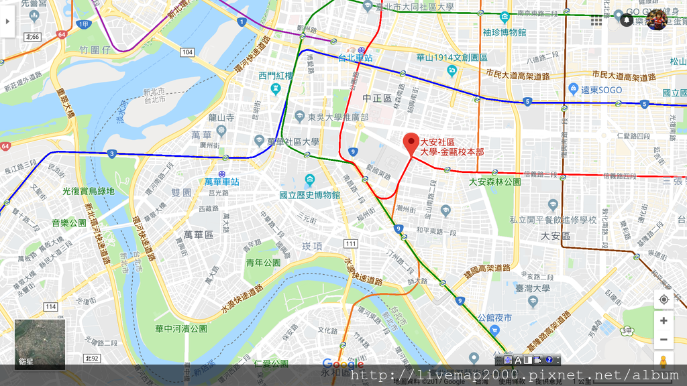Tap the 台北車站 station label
pyautogui.click(x=356, y=58)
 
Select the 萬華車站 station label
pyautogui.click(x=222, y=182)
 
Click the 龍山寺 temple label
pyautogui.click(x=221, y=117)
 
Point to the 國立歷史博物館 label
pyautogui.click(x=310, y=195)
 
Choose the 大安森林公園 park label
pyautogui.click(x=495, y=182)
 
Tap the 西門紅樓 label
pyautogui.click(x=276, y=75)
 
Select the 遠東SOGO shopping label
pyautogui.click(x=601, y=90)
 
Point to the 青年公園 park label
pyautogui.click(x=262, y=262)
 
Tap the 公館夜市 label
pyautogui.click(x=494, y=317)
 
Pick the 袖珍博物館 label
pyautogui.click(x=504, y=32)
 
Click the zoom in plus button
pyautogui.click(x=664, y=320)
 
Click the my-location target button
pyautogui.click(x=664, y=299)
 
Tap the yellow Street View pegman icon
pyautogui.click(x=664, y=363)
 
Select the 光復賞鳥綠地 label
pyautogui.click(x=89, y=191)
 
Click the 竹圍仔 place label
pyautogui.click(x=93, y=50)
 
